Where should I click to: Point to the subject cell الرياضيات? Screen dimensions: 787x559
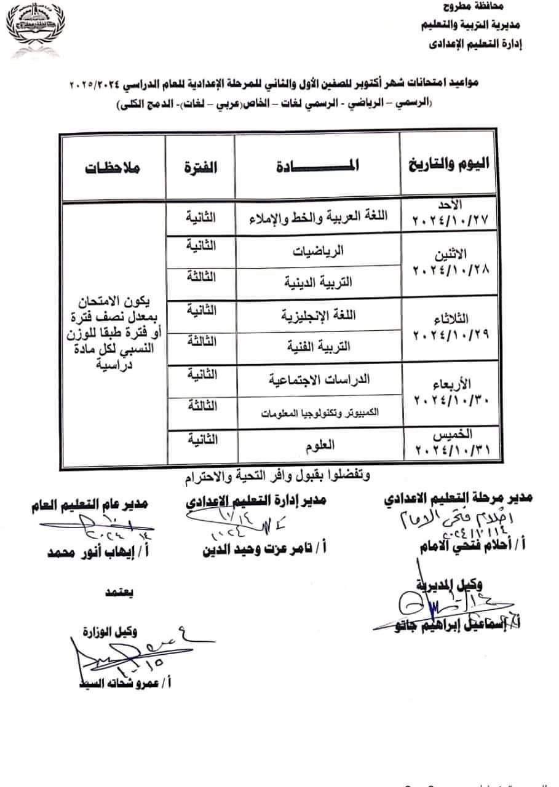[x=317, y=251]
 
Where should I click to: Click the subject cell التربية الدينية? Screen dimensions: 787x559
[x=317, y=283]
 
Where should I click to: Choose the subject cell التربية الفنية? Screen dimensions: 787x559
[x=317, y=346]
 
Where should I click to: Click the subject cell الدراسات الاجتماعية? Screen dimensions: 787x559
[x=317, y=380]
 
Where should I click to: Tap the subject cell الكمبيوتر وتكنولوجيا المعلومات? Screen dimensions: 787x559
[x=317, y=413]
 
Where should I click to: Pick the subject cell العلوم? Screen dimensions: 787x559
[x=317, y=448]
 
